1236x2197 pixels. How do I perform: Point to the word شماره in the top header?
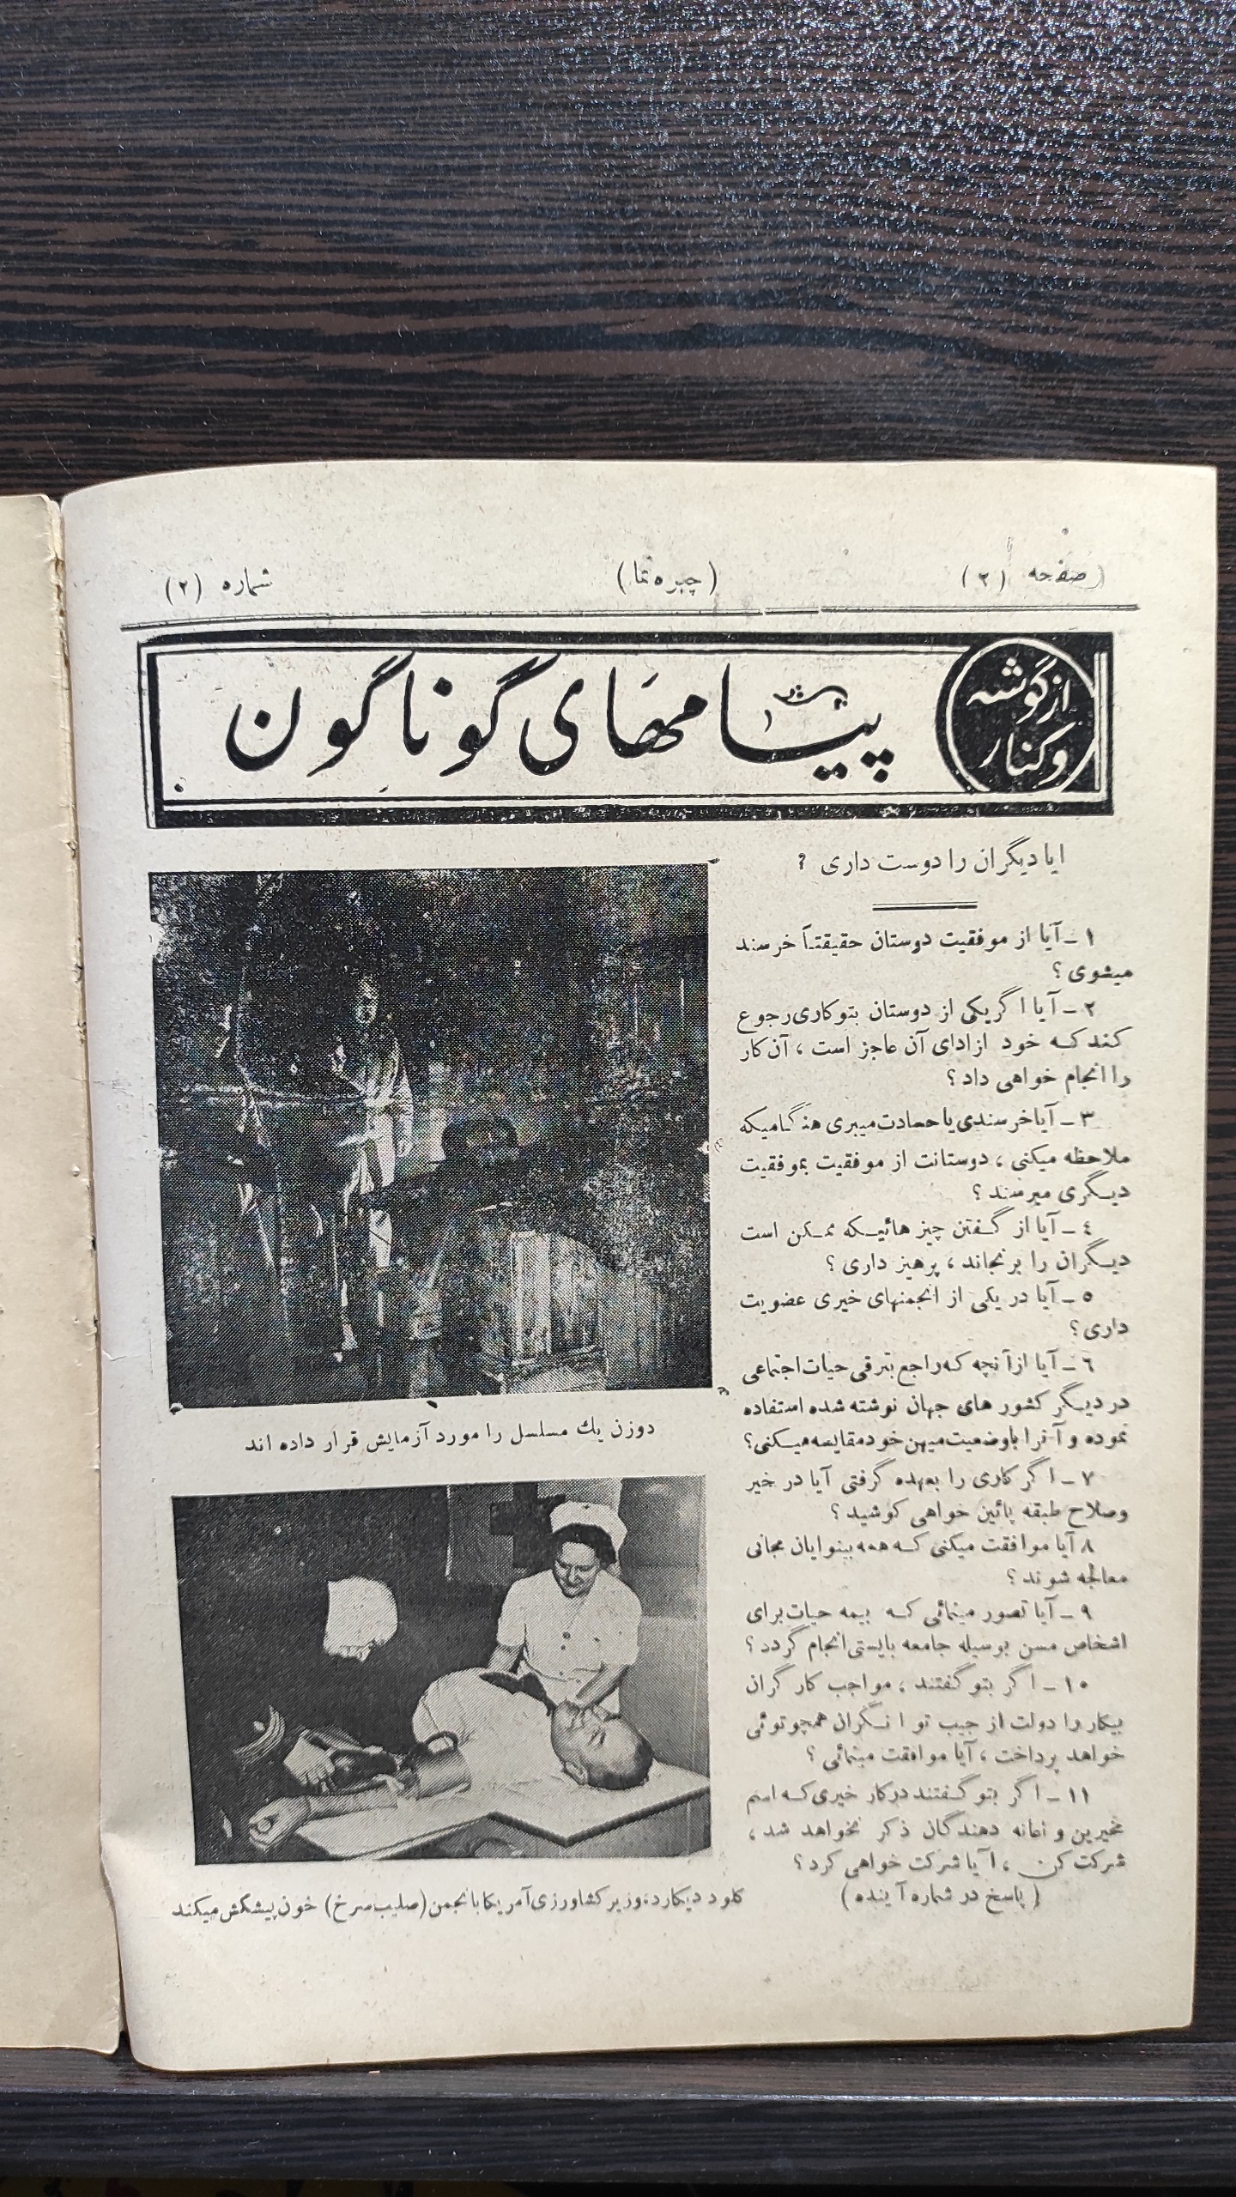245,590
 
